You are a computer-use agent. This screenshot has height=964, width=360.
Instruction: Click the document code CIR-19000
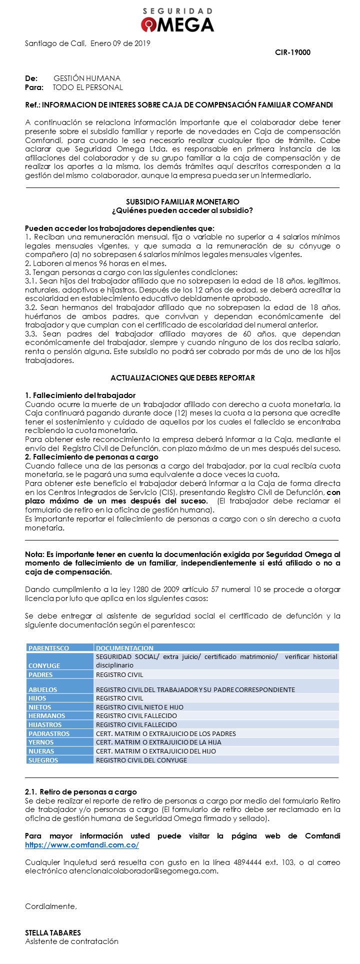[292, 52]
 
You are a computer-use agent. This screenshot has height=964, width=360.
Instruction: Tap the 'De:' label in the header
[31, 78]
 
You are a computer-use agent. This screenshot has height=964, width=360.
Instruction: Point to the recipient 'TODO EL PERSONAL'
[88, 87]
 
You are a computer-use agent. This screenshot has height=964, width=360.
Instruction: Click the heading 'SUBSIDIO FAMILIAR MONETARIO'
[182, 202]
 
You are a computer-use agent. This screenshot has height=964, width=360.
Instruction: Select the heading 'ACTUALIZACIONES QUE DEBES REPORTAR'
[182, 377]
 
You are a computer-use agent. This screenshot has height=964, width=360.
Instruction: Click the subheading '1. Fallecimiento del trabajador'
[80, 395]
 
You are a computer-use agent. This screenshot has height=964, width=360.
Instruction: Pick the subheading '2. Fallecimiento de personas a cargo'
[91, 457]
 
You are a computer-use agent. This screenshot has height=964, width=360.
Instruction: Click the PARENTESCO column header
[49, 648]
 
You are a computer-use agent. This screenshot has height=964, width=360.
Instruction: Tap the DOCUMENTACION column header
[124, 648]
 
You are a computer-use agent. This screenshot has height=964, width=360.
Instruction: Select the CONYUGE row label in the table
[44, 665]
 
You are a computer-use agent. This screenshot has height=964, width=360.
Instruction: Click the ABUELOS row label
[43, 689]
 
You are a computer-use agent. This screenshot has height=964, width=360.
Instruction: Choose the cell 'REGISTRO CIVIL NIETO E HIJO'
[139, 707]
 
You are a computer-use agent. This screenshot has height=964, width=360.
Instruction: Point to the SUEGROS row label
[43, 760]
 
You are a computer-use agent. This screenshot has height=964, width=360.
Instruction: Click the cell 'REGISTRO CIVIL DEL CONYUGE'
[141, 760]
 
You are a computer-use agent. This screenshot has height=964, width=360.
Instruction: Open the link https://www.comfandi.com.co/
[82, 845]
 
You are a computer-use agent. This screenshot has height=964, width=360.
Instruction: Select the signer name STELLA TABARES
[53, 932]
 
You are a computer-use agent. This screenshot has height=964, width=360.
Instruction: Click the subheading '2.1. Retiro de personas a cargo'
[80, 792]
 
